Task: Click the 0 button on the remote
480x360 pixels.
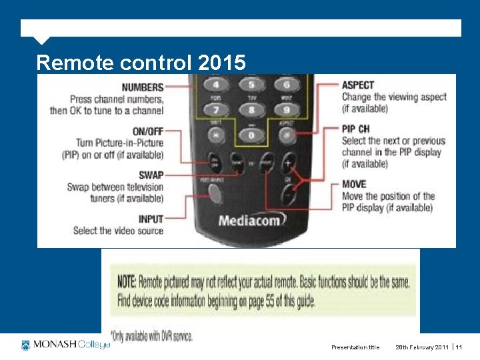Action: pyautogui.click(x=251, y=135)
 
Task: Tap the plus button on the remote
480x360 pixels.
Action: pyautogui.click(x=289, y=162)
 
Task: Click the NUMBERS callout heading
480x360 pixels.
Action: pyautogui.click(x=142, y=87)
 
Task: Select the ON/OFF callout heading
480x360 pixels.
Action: pyautogui.click(x=147, y=131)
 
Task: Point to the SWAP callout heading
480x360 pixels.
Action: pyautogui.click(x=150, y=175)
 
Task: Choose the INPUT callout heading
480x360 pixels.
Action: pyautogui.click(x=150, y=219)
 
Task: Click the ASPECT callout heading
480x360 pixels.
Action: pyautogui.click(x=358, y=85)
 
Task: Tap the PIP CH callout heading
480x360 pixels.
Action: pyautogui.click(x=356, y=129)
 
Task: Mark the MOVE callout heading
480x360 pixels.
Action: pyautogui.click(x=354, y=184)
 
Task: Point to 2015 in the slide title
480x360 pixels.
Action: pyautogui.click(x=221, y=63)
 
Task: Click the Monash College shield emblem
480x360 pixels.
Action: pyautogui.click(x=26, y=345)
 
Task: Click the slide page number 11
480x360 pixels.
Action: pyautogui.click(x=459, y=347)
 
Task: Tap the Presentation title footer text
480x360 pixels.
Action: pyautogui.click(x=355, y=347)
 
